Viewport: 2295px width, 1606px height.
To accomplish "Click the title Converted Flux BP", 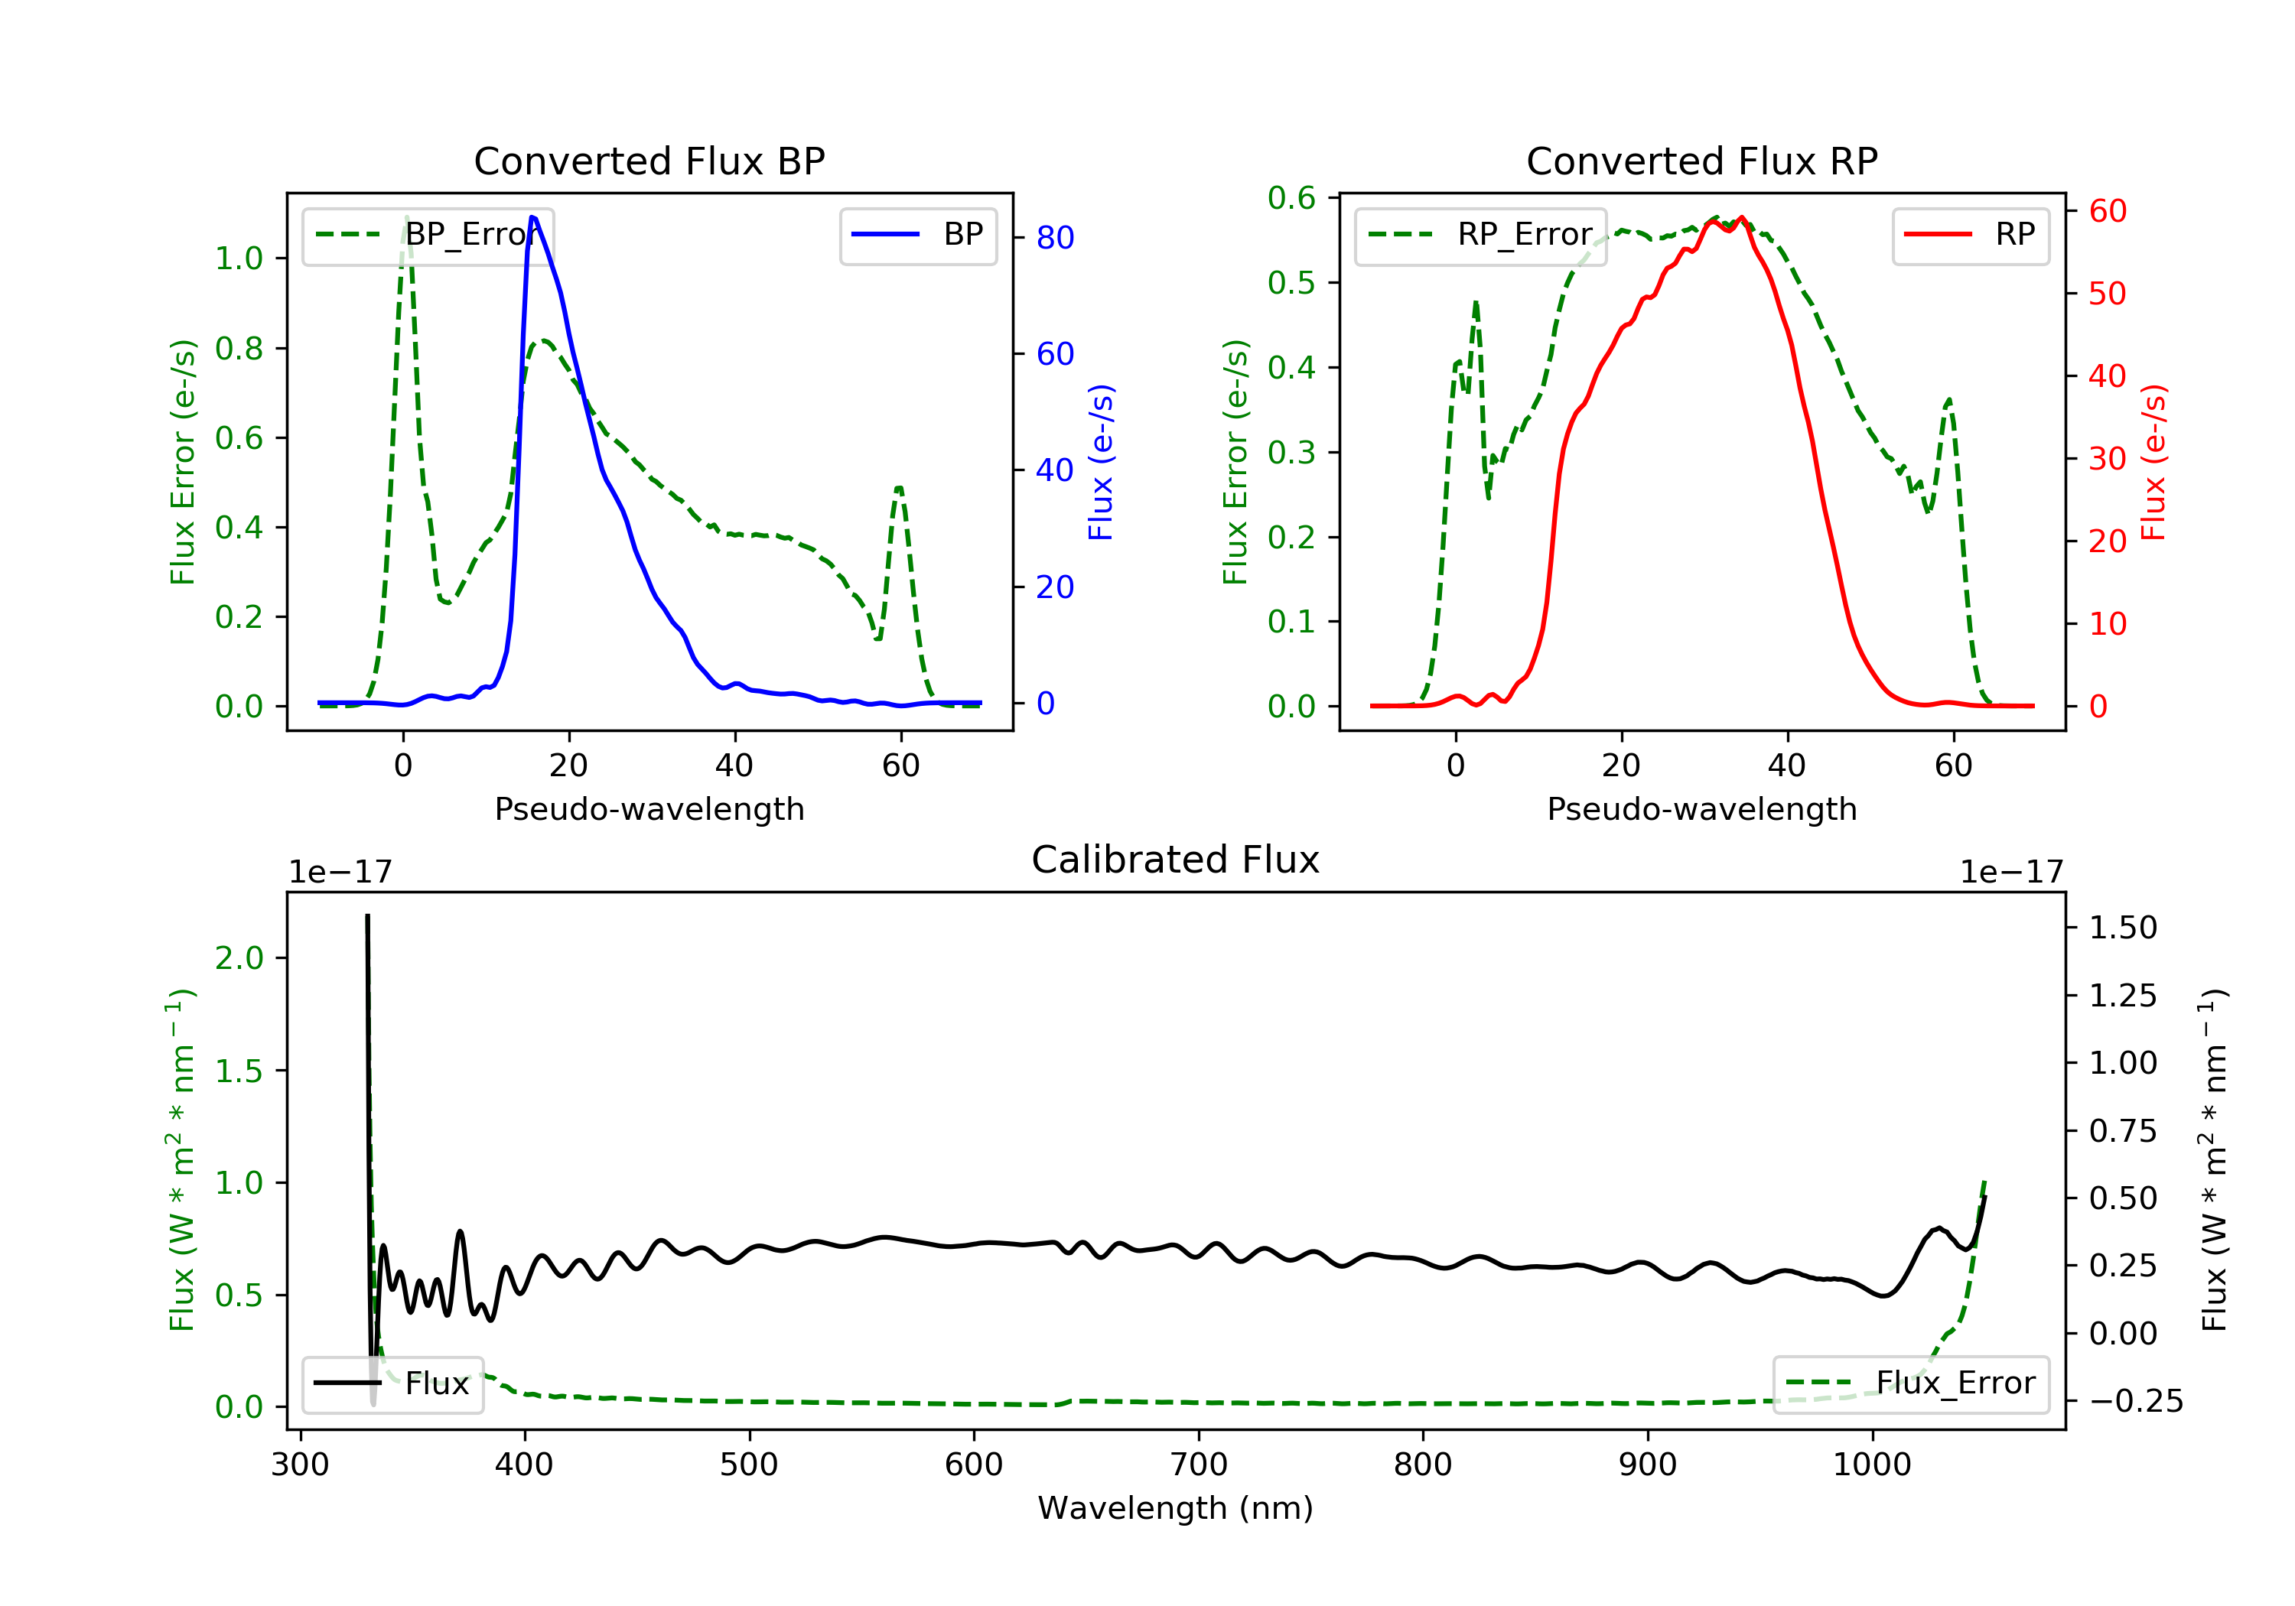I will [649, 161].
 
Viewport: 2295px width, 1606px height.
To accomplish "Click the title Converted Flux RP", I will [1701, 161].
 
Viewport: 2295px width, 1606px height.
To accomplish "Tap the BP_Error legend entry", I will [428, 235].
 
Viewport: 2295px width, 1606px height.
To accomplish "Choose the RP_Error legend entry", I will [1480, 235].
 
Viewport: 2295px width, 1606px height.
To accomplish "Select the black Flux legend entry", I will [393, 1383].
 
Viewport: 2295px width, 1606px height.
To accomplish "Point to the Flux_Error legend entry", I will [1911, 1383].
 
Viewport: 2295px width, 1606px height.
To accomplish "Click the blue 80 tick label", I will [1054, 238].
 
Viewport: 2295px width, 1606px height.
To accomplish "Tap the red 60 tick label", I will [2107, 211].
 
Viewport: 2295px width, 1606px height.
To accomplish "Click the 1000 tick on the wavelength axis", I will [1871, 1465].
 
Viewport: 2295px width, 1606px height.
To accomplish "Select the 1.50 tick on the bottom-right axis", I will [2123, 928].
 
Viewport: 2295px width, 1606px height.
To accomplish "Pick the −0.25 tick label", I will [2135, 1401].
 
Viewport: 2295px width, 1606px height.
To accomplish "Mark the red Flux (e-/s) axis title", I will [2153, 462].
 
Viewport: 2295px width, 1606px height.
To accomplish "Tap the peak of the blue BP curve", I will [532, 217].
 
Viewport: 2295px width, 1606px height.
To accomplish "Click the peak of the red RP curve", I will [1741, 217].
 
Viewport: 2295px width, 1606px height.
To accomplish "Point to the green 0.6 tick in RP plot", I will [1291, 198].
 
